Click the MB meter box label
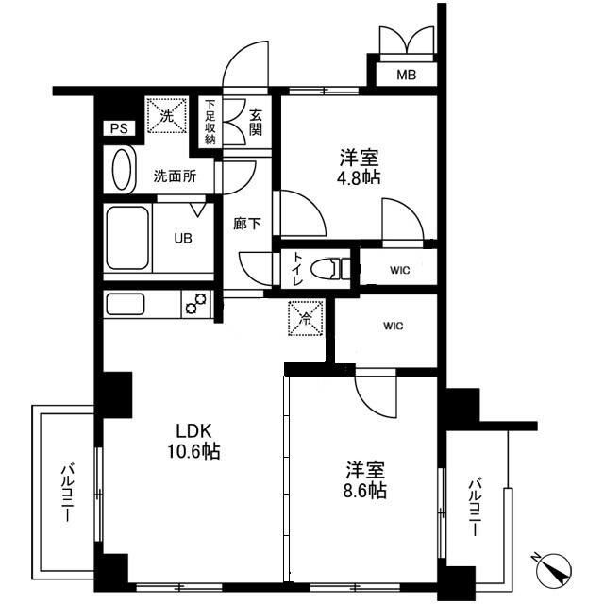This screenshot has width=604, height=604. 404,75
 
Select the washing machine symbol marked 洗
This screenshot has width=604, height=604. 165,117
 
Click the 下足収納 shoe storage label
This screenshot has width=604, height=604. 210,120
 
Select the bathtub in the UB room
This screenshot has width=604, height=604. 126,237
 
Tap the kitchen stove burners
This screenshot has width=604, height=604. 196,305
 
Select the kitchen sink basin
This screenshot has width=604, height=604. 126,305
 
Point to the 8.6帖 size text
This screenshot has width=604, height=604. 364,490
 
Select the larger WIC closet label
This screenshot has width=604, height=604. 394,327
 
